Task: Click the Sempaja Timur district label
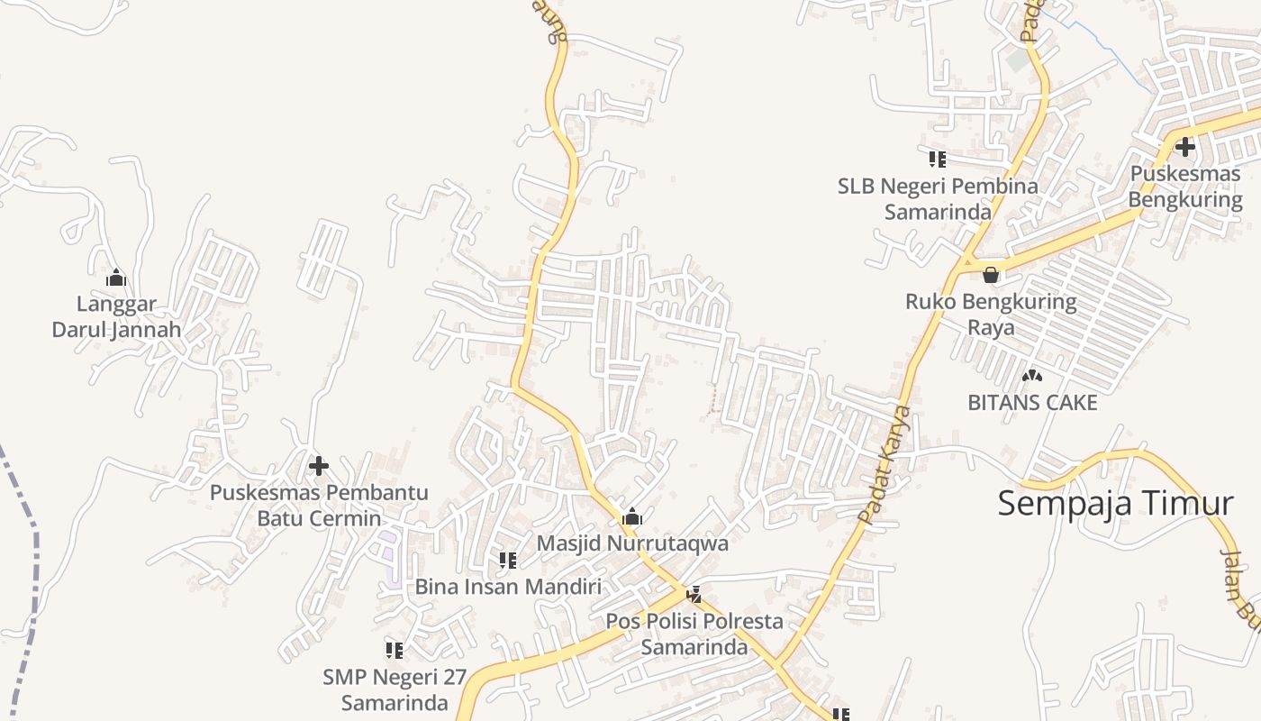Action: [1115, 503]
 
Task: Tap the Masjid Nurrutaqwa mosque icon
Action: [632, 516]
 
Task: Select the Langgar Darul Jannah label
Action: [116, 317]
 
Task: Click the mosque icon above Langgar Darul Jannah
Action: [116, 278]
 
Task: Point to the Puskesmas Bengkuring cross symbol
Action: [1185, 146]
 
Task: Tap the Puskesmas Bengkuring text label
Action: [1185, 187]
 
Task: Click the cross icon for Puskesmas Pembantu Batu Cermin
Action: [318, 466]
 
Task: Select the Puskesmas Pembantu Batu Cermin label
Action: [319, 506]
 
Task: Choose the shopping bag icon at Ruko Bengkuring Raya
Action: [991, 275]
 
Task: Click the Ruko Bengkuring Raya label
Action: [991, 314]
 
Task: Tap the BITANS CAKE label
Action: [1032, 403]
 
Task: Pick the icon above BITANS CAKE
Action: [1032, 375]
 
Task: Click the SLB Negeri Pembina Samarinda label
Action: [938, 199]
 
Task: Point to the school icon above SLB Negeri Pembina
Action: [938, 160]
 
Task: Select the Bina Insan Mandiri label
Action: [508, 587]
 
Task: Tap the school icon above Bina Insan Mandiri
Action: [508, 561]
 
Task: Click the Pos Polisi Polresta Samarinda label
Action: [694, 634]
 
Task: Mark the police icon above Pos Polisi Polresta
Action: [694, 595]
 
